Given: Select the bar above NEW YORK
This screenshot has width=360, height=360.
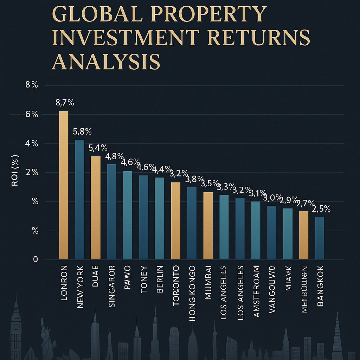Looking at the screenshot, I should pos(80,199).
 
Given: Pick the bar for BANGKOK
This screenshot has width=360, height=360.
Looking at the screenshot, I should pos(320,238).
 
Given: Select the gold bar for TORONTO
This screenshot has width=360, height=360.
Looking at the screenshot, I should pos(176,221).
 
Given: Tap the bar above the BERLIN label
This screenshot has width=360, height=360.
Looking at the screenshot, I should pos(160,218).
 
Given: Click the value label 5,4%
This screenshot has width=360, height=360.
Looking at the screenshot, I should pos(96,148).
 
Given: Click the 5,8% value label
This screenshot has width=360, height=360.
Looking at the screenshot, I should pos(82,132).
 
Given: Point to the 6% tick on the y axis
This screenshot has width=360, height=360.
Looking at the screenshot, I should pos(31,114).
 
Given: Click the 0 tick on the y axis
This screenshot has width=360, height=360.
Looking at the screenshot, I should pos(35,259).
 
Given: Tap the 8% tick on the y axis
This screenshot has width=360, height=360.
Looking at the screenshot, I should pos(31,85).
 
